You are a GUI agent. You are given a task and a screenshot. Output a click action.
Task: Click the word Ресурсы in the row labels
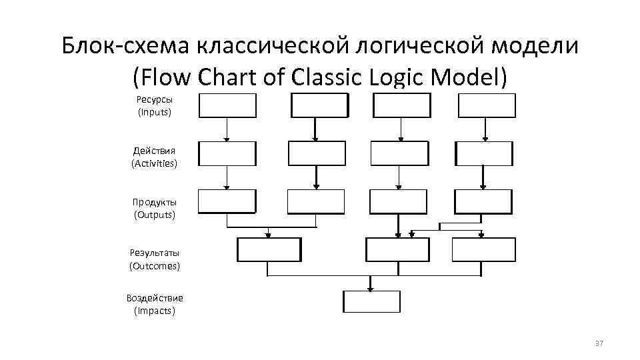click(x=154, y=99)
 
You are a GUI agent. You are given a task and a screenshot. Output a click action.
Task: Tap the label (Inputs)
click(x=154, y=112)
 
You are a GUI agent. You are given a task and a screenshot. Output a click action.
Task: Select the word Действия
click(x=154, y=151)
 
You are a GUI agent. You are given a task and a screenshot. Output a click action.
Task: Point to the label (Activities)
click(x=154, y=163)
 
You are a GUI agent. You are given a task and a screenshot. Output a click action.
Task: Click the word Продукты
click(x=154, y=202)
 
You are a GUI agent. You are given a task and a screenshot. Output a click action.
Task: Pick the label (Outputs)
click(x=154, y=215)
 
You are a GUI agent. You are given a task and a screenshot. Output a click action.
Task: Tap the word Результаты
click(x=154, y=253)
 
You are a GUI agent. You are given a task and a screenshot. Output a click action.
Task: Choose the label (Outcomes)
click(x=154, y=265)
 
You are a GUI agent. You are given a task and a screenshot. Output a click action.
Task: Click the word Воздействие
click(x=154, y=298)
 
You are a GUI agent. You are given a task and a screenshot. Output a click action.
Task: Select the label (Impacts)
click(x=154, y=311)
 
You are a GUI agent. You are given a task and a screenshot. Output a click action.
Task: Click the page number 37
click(x=598, y=343)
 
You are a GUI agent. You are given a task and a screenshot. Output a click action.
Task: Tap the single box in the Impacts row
click(x=371, y=302)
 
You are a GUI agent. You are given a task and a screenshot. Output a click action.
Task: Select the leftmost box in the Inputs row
click(x=227, y=105)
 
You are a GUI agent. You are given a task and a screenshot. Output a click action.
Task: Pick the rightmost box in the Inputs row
click(x=487, y=105)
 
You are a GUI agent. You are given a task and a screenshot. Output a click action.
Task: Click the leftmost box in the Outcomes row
click(x=269, y=249)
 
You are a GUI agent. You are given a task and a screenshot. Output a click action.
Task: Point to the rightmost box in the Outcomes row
click(x=483, y=249)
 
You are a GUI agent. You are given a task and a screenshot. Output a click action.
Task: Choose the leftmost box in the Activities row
click(x=227, y=153)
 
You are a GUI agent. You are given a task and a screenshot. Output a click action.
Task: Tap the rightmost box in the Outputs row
click(x=483, y=201)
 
